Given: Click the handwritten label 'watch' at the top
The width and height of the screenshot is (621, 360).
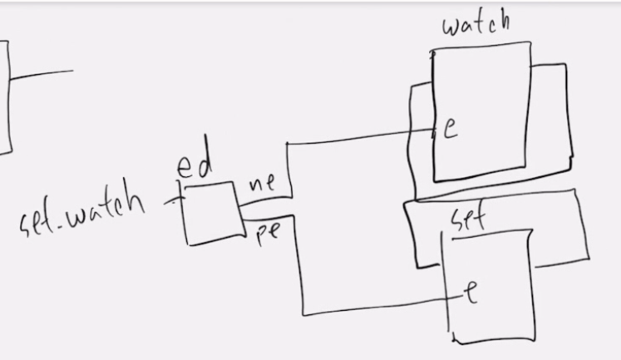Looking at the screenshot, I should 476,22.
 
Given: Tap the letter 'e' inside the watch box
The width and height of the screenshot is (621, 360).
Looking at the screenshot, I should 450,130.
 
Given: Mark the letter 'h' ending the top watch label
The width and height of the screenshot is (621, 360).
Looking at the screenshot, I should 500,19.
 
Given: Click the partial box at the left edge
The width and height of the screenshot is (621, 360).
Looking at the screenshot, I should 5,96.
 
